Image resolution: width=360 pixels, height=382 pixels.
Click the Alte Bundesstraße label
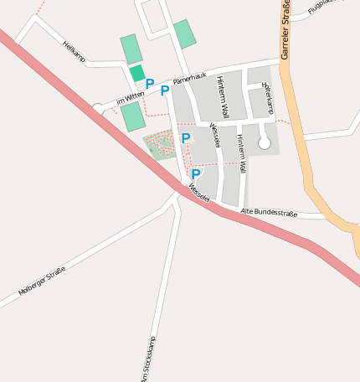click(x=269, y=213)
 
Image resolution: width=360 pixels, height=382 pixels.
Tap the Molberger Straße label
click(x=42, y=281)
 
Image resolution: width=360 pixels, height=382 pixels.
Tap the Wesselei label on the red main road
click(x=198, y=194)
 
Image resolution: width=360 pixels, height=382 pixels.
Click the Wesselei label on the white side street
click(x=216, y=136)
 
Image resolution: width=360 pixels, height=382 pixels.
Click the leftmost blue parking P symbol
click(x=150, y=84)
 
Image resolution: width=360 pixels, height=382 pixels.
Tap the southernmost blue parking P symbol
click(x=196, y=174)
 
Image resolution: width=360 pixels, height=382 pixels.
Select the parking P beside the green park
click(x=185, y=138)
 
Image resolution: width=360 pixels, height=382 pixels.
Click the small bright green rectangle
click(x=137, y=73)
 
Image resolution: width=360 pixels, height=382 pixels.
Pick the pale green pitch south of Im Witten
click(x=132, y=116)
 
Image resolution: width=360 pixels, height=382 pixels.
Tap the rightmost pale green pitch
click(x=185, y=34)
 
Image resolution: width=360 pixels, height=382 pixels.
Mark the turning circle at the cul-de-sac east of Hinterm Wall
click(x=265, y=143)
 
